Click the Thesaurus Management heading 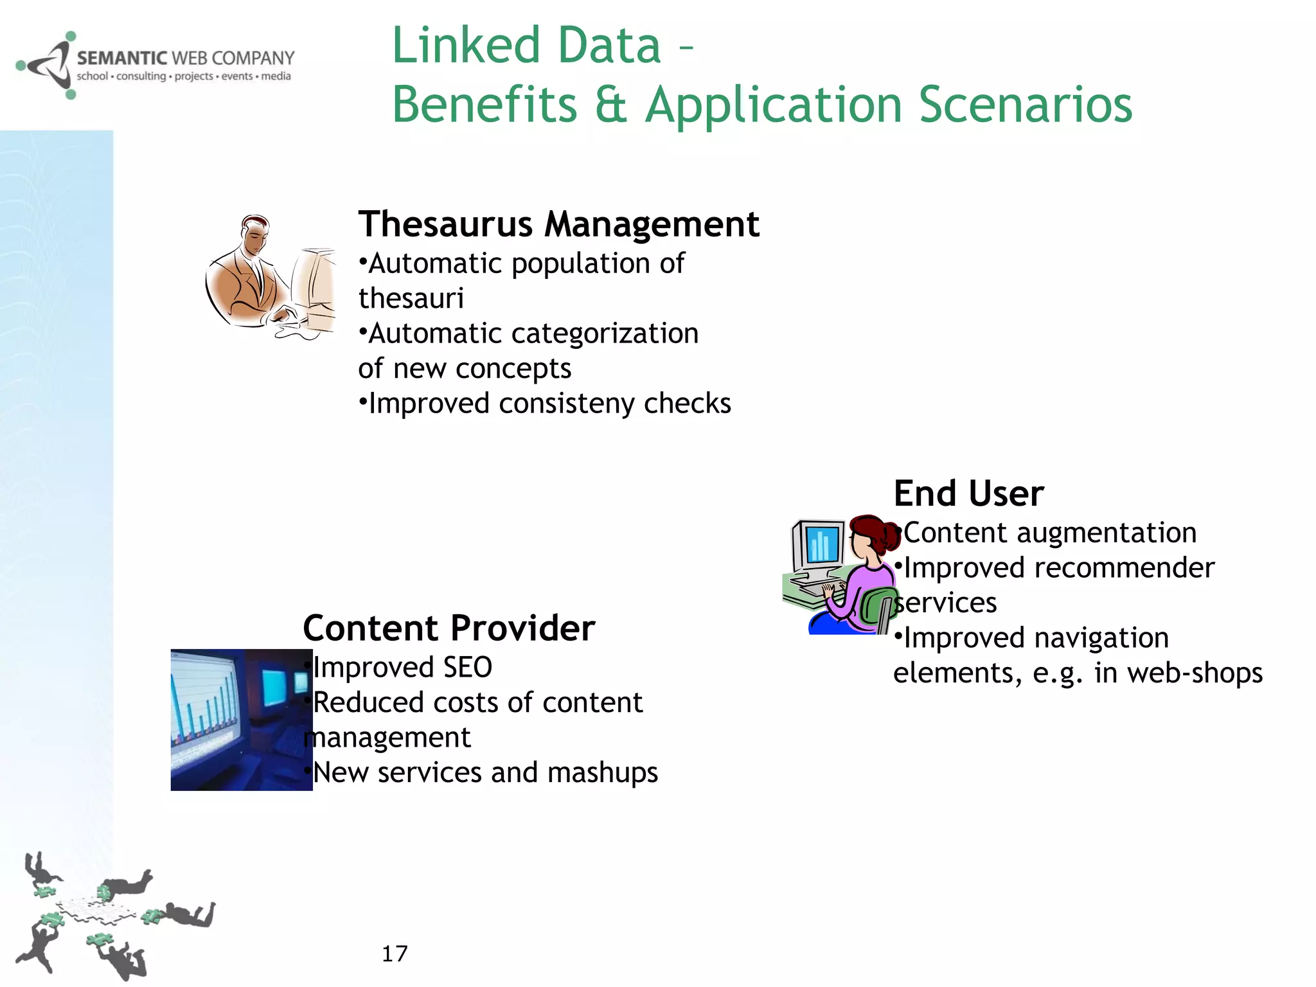tap(558, 224)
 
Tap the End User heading tap(968, 493)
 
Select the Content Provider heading tap(449, 628)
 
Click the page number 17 tap(395, 954)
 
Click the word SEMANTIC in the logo tap(122, 58)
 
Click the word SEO tap(467, 667)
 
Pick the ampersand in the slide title tap(610, 105)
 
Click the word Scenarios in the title tap(1026, 105)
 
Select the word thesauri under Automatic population tap(411, 299)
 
